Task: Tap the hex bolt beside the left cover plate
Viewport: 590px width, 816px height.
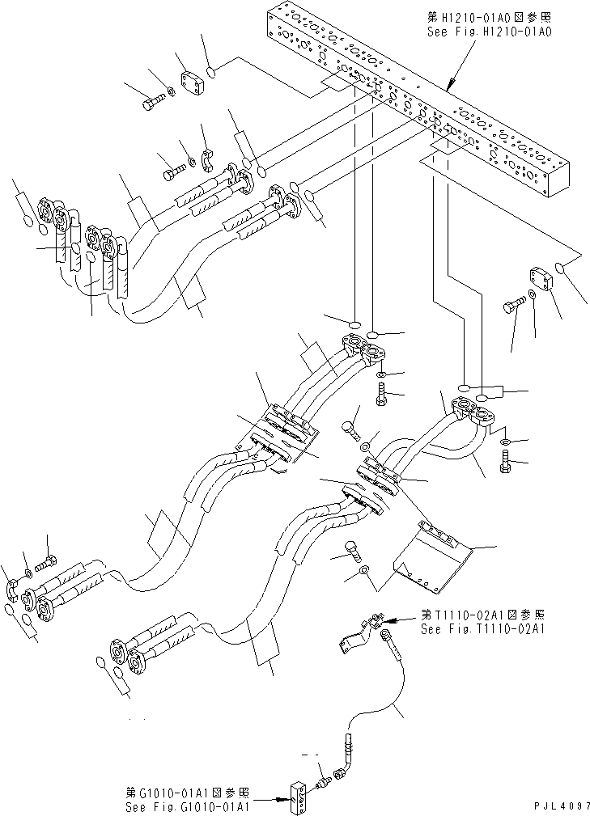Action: (154, 104)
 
